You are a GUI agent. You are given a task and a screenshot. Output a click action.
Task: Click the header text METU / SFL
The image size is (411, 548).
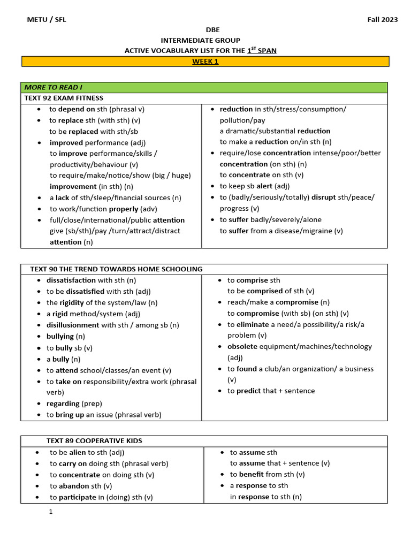click(x=47, y=20)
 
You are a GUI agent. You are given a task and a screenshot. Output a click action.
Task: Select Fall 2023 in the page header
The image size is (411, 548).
click(x=382, y=20)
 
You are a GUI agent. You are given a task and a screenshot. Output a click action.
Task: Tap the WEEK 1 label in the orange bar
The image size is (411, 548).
click(x=205, y=62)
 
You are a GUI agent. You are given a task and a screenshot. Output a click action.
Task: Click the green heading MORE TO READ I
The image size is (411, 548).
click(x=53, y=87)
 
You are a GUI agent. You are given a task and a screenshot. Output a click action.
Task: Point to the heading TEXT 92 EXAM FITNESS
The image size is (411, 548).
click(x=64, y=98)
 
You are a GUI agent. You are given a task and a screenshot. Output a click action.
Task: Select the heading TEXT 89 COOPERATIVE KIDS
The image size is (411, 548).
click(x=94, y=441)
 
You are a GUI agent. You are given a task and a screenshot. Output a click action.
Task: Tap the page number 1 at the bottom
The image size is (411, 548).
click(x=51, y=512)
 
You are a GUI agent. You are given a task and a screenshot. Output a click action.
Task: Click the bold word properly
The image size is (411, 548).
click(x=125, y=209)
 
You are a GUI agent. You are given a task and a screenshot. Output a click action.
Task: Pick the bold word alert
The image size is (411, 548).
click(x=264, y=186)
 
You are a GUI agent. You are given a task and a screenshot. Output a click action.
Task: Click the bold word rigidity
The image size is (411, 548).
click(x=76, y=303)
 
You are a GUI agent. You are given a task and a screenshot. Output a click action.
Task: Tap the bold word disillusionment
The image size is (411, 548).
click(x=73, y=325)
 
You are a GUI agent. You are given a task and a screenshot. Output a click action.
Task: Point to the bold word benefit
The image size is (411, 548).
click(x=252, y=475)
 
